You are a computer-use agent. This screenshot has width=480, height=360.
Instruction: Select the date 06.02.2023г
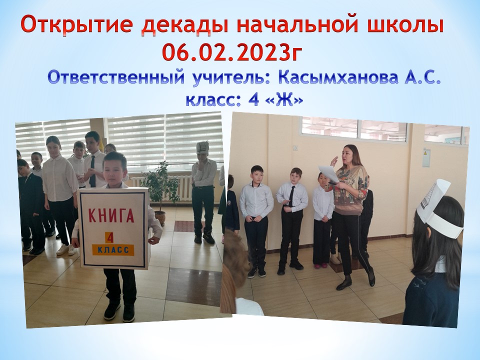coord(232,51)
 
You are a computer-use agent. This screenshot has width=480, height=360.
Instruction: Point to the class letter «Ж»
coord(284,100)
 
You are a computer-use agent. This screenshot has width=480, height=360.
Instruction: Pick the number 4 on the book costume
coord(109,237)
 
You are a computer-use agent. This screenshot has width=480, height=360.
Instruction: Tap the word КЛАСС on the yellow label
coord(113,250)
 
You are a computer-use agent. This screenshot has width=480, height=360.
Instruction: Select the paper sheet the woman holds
coord(328,174)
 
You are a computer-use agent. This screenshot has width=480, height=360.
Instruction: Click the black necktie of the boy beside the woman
coord(291,196)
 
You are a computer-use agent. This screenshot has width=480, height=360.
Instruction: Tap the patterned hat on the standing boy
coord(202,147)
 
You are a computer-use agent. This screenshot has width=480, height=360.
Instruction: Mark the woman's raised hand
coord(334,161)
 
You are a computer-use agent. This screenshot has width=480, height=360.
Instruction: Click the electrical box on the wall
coord(426,158)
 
